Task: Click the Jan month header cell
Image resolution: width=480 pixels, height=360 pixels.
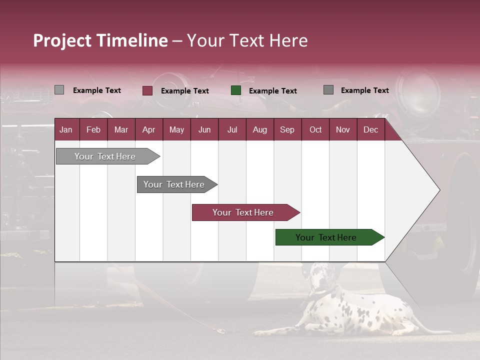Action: pos(66,129)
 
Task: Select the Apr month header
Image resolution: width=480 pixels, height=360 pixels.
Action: pos(148,129)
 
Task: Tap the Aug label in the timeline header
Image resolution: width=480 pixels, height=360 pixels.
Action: pos(259,129)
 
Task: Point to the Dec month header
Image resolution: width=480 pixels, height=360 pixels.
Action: pos(370,129)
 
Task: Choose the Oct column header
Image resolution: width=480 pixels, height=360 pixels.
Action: pos(315,129)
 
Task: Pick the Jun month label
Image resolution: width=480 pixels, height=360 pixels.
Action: pos(204,129)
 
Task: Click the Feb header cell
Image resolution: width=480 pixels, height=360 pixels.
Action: pos(93,129)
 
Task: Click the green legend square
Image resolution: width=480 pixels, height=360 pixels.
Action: pos(236,90)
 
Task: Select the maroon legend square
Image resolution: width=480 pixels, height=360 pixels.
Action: pos(147,90)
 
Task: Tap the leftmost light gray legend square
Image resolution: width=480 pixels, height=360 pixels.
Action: pos(59,90)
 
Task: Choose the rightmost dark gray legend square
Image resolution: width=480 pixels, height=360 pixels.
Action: pos(328,90)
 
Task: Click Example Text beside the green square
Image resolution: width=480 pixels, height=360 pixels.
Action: pos(272,91)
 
